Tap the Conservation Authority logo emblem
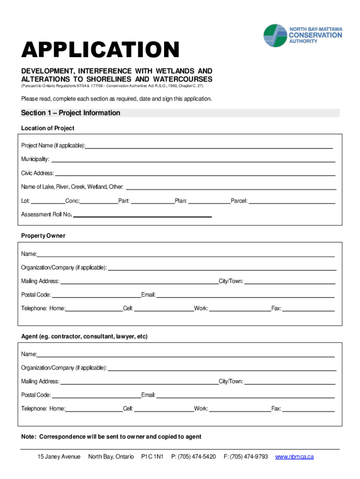(276, 36)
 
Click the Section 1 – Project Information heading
(71, 113)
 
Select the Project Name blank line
(209, 146)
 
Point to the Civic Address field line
(195, 174)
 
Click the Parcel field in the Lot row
(292, 202)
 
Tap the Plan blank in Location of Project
(209, 202)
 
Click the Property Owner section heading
(43, 236)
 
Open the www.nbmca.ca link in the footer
(295, 457)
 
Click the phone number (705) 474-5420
(194, 457)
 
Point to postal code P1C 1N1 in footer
(152, 457)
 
